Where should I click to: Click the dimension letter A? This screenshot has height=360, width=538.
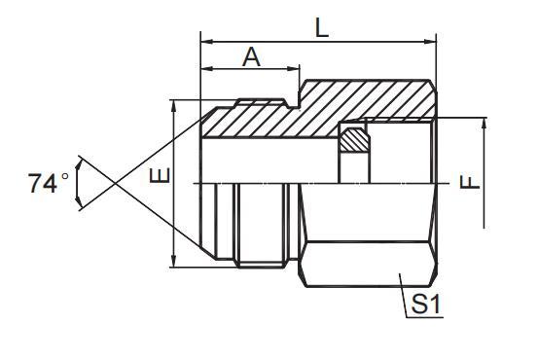(251, 57)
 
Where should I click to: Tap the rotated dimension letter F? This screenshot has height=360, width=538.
(470, 182)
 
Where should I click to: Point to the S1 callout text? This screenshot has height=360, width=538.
(426, 305)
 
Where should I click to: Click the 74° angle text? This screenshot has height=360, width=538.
(50, 182)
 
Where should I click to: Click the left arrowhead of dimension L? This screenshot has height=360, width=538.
(205, 42)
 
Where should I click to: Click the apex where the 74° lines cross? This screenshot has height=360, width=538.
(116, 182)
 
